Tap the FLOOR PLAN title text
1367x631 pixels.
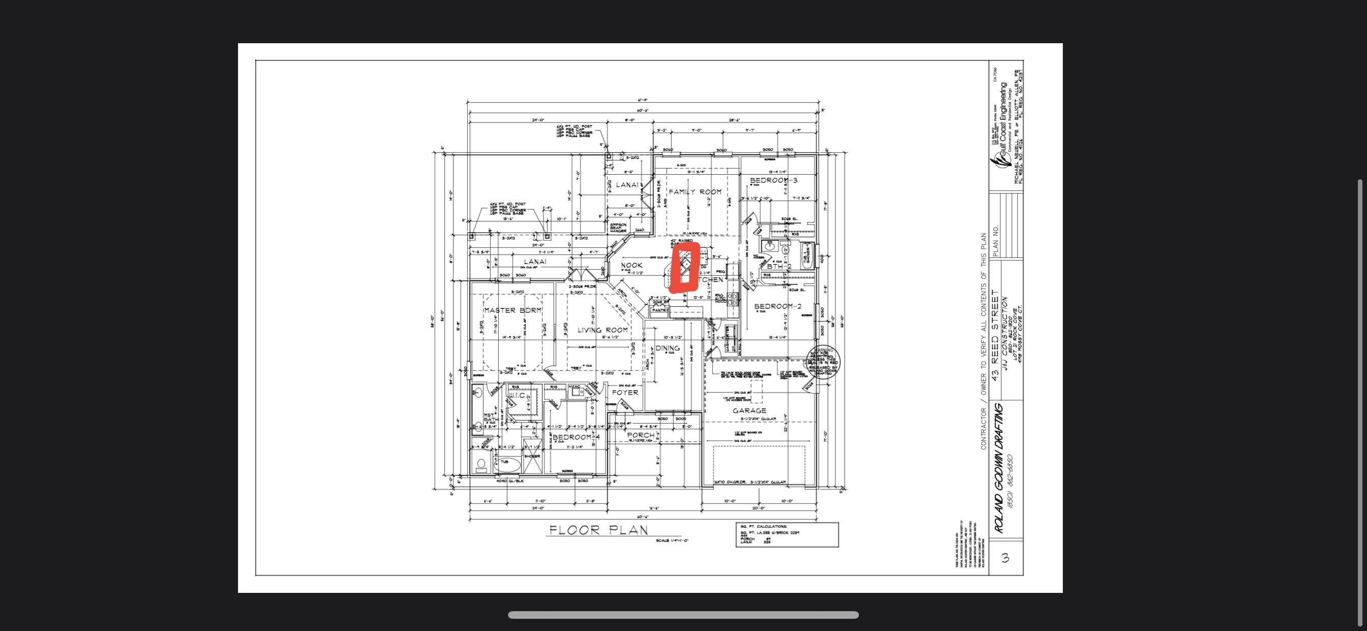598,530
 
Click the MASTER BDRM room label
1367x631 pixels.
512,310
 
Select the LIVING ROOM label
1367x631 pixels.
603,330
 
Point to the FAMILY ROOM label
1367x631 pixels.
695,192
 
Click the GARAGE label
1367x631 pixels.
749,411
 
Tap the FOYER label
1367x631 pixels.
625,392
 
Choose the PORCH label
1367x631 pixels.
640,435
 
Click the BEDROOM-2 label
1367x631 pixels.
778,306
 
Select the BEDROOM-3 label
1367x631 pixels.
773,180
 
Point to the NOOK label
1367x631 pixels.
632,265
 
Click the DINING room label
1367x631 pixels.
668,349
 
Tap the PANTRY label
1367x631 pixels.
660,310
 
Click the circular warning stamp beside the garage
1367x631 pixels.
822,362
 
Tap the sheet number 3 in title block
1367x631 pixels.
1004,557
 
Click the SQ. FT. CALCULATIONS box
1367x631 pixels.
786,534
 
